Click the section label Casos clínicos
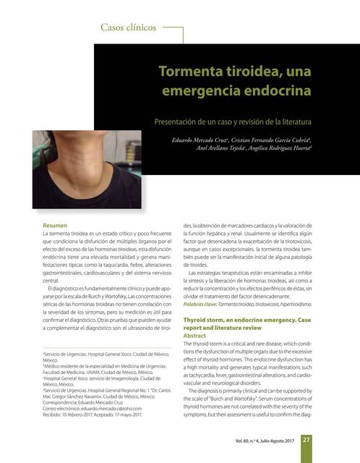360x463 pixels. coord(129,28)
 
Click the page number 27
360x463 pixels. coord(307,440)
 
